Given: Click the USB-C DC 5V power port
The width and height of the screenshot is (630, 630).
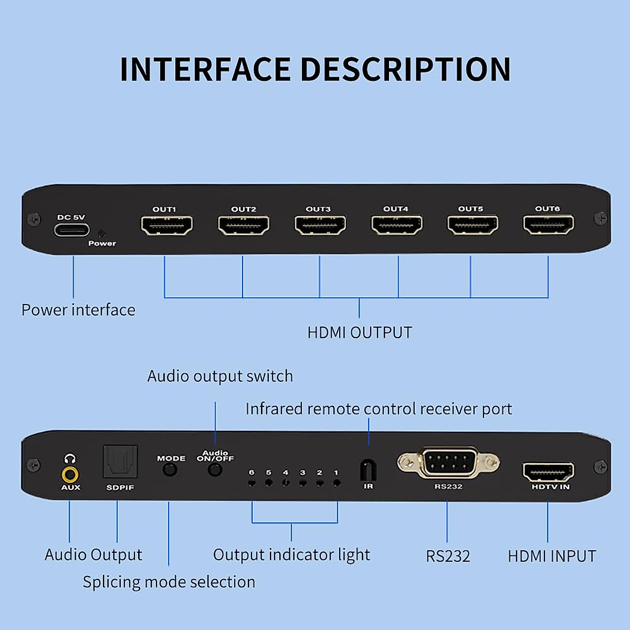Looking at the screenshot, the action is pyautogui.click(x=72, y=230).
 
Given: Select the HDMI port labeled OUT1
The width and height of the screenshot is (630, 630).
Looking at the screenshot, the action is pyautogui.click(x=167, y=225).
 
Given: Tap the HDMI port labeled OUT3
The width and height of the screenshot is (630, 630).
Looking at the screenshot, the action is pyautogui.click(x=320, y=225).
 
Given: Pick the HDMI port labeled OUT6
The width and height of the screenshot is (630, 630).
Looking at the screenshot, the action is pyautogui.click(x=549, y=224).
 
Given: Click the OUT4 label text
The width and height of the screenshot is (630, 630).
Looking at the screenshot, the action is pyautogui.click(x=396, y=208).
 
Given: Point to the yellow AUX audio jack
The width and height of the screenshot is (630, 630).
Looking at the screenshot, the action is pyautogui.click(x=70, y=475).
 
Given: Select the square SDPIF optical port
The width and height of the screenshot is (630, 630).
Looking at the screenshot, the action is pyautogui.click(x=120, y=461).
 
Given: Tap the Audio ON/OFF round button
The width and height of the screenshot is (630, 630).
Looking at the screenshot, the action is pyautogui.click(x=215, y=470).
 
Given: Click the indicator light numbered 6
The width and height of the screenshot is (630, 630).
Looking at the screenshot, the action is pyautogui.click(x=251, y=483).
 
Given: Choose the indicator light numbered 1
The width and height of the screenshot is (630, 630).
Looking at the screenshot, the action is pyautogui.click(x=337, y=483).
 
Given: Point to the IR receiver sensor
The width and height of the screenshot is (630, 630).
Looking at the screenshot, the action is pyautogui.click(x=368, y=470).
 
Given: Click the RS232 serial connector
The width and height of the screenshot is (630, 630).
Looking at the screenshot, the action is pyautogui.click(x=448, y=463).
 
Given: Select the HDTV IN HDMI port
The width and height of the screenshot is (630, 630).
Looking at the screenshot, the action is pyautogui.click(x=549, y=472).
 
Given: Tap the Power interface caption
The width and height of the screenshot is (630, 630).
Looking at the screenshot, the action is pyautogui.click(x=78, y=310).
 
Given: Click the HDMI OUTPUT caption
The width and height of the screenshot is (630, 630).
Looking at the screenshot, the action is pyautogui.click(x=359, y=332).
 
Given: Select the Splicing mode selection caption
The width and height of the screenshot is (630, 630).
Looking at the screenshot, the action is pyautogui.click(x=169, y=582).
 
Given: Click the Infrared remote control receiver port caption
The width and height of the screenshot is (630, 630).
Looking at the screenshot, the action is pyautogui.click(x=379, y=409).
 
